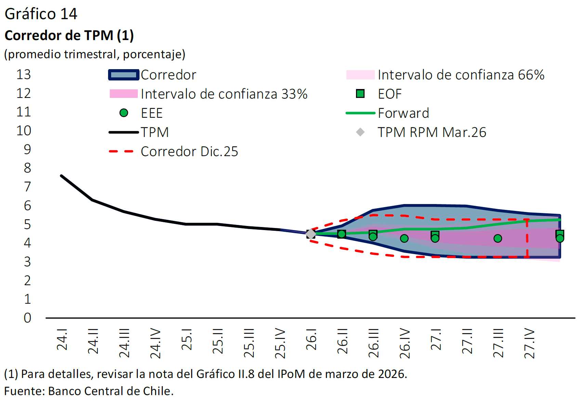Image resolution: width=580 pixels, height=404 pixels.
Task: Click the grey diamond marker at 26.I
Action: coord(311,234)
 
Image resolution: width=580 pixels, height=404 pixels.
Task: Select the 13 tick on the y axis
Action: coord(24,75)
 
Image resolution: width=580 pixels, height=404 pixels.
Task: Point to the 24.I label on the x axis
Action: coord(62,339)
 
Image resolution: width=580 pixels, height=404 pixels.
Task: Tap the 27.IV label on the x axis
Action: coord(529,343)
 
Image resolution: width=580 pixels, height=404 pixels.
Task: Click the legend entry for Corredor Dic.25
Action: coord(189,151)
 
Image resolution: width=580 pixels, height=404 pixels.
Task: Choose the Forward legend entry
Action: coord(403,113)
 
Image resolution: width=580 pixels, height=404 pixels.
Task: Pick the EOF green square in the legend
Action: coord(360,94)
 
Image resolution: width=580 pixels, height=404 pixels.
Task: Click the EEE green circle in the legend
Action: coord(124,113)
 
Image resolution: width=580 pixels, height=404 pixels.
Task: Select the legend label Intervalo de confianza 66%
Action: coord(461,75)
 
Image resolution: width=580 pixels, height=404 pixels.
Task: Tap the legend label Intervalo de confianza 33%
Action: coord(224,94)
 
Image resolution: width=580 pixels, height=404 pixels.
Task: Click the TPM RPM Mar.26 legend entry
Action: coord(432,132)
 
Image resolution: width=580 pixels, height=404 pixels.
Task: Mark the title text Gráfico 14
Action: coord(41,14)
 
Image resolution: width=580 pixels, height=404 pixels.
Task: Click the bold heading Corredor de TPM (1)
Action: coord(69,35)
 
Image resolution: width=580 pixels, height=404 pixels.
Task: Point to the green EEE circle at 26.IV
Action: coord(404,238)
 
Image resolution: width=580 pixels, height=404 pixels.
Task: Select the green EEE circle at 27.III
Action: coord(498,238)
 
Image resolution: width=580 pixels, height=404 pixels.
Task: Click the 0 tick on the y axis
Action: coord(27,318)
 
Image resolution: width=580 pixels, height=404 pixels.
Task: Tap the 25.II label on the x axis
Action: coord(218,341)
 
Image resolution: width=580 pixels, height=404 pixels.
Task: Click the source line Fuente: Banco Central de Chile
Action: coord(89,391)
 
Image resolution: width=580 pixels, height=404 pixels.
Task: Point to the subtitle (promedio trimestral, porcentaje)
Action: coord(95,54)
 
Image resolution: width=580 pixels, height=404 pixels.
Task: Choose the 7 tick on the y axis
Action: coord(27,187)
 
